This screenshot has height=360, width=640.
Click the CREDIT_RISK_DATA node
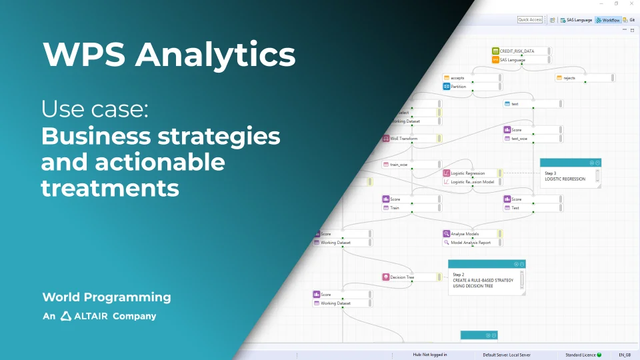520,51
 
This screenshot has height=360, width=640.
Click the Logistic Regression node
471,173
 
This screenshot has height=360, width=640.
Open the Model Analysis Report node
471,243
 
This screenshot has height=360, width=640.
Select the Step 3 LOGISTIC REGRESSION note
570,176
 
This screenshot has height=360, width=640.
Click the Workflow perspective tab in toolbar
608,20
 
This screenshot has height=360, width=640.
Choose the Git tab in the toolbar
630,20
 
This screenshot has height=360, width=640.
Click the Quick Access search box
530,20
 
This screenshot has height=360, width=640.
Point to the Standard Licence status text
580,355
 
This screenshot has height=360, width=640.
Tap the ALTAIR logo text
84,316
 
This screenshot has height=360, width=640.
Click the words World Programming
107,297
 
